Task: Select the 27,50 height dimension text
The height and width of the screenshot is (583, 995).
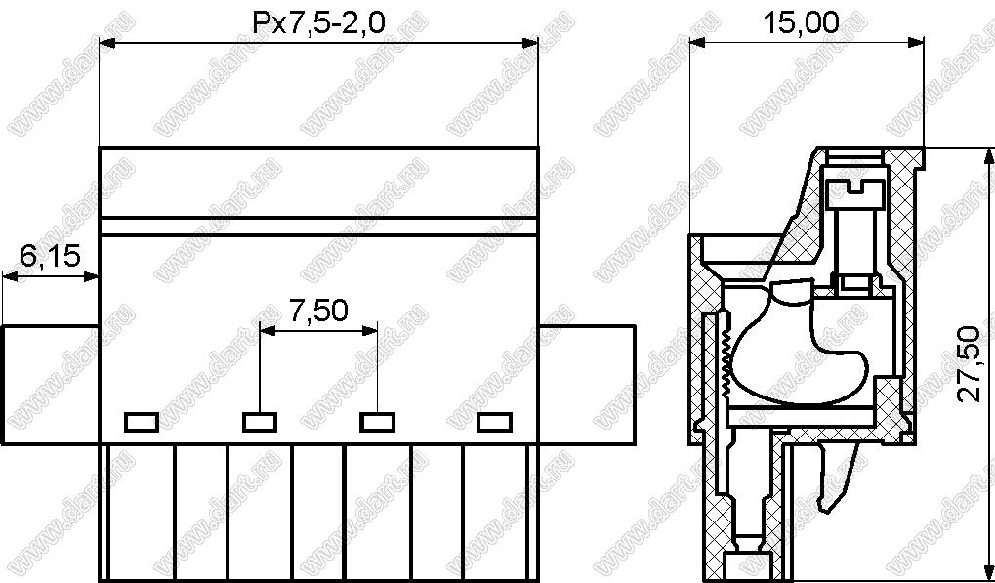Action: tap(969, 364)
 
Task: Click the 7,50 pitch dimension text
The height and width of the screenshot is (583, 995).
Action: tap(318, 311)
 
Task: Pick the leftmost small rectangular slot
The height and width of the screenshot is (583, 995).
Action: tap(141, 422)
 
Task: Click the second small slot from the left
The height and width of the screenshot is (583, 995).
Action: tap(260, 422)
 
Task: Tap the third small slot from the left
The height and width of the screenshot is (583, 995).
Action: tap(378, 422)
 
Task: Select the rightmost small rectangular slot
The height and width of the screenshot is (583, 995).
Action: tap(495, 422)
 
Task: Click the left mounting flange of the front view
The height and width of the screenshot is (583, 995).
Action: tap(51, 385)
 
